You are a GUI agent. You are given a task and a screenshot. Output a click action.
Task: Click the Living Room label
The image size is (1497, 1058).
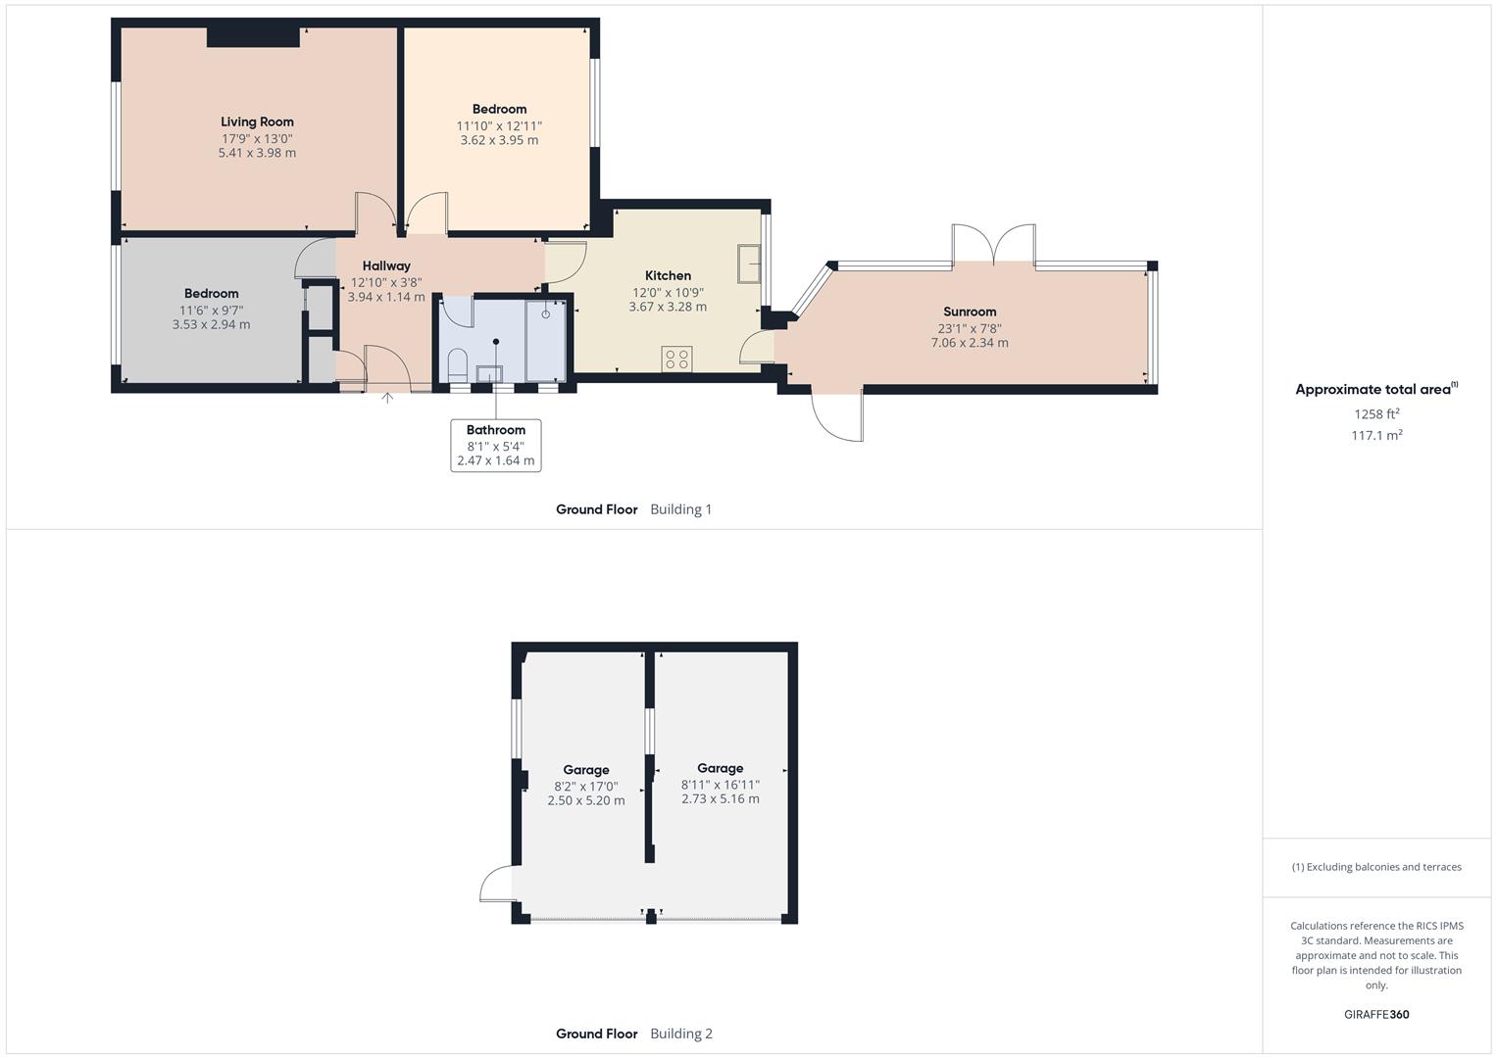(x=257, y=122)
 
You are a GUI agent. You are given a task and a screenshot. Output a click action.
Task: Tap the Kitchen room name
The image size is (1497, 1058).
(x=668, y=276)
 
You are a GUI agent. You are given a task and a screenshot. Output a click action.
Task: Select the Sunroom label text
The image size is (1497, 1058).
(x=970, y=313)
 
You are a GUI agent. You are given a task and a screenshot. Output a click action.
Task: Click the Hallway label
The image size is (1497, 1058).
(x=386, y=266)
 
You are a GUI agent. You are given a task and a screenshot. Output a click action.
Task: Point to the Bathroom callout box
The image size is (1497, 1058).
(x=495, y=445)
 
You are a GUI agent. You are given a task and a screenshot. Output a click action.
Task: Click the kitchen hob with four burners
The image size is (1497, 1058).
(x=676, y=359)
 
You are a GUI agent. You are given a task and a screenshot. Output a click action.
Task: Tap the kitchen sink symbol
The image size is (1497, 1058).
(x=750, y=263)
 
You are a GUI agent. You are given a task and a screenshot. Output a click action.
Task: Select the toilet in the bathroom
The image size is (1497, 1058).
(x=456, y=367)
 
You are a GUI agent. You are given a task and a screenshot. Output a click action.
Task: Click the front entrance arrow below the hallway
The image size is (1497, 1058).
(x=387, y=398)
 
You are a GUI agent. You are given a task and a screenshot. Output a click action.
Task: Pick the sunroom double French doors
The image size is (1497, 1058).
(x=994, y=245)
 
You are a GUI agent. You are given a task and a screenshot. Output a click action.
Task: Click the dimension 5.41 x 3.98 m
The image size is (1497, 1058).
(x=257, y=154)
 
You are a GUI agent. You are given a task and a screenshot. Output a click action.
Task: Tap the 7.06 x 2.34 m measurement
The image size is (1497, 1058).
(x=970, y=343)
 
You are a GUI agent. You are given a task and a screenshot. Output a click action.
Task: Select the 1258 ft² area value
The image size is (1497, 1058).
(x=1376, y=414)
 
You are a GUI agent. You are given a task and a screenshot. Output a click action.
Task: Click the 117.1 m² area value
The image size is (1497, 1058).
(x=1376, y=436)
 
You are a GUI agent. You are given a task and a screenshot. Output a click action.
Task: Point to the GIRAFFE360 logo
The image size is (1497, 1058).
(x=1376, y=1015)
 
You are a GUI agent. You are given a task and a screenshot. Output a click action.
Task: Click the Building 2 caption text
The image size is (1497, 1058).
(x=681, y=1034)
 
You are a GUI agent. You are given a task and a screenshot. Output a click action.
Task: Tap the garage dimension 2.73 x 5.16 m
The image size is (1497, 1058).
(x=721, y=799)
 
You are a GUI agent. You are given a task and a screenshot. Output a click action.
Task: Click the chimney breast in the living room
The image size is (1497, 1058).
(x=253, y=37)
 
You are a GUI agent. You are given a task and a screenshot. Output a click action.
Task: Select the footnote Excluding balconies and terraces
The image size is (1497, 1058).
(x=1376, y=867)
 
